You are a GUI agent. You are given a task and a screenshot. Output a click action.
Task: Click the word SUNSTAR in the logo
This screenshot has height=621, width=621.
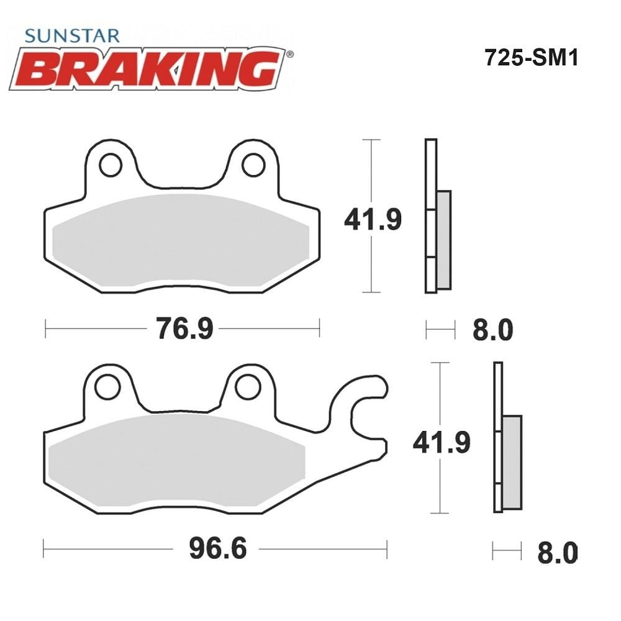coord(72,36)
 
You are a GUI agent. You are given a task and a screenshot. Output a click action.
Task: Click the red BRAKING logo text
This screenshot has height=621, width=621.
coord(147,69)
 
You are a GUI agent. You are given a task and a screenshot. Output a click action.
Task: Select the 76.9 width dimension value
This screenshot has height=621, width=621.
coord(185,329)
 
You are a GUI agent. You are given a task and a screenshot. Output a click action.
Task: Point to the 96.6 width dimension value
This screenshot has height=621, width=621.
coord(218,548)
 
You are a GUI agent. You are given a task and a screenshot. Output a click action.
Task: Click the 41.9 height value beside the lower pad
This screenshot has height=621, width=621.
coord(442,442)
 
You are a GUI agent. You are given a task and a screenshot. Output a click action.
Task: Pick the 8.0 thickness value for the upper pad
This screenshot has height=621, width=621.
coord(492,330)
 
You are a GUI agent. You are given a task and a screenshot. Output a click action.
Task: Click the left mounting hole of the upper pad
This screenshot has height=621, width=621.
coord(111,165)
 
